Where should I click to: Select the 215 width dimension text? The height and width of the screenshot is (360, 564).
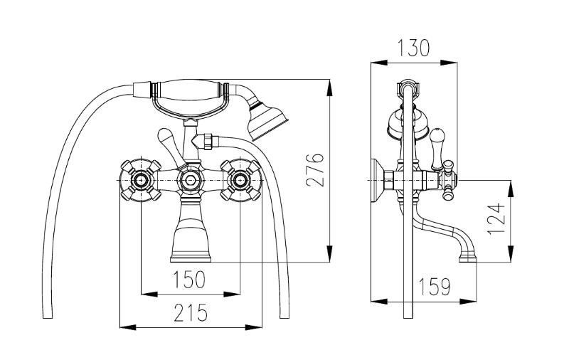coord(190,312)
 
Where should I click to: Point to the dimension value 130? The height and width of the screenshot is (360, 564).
coord(413,48)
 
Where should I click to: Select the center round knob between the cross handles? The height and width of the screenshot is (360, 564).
coord(191,180)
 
